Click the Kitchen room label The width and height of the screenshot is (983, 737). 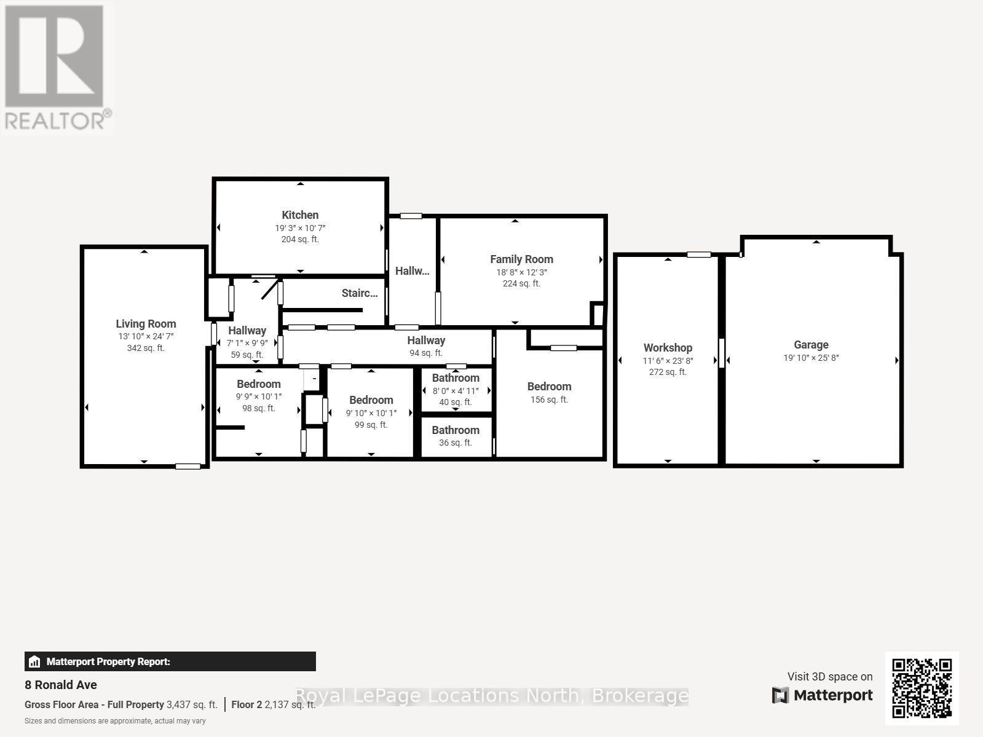[x=300, y=215]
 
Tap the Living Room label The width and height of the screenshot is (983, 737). [x=146, y=324]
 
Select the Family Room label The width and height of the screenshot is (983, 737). [x=521, y=259]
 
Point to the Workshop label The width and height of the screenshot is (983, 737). [x=668, y=348]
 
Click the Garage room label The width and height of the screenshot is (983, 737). [x=811, y=345]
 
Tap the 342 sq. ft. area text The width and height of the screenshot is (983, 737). [x=146, y=348]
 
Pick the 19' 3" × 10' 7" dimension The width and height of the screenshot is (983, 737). [x=300, y=228]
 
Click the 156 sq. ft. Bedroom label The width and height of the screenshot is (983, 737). [x=549, y=387]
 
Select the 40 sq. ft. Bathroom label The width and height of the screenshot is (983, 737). [x=456, y=378]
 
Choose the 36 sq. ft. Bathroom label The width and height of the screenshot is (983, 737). [x=456, y=430]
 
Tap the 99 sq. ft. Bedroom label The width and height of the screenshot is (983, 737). [x=371, y=400]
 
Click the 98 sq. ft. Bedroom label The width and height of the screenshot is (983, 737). [x=259, y=384]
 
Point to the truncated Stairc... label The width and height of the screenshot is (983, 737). [x=360, y=293]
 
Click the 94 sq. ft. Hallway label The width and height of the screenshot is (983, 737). [x=426, y=341]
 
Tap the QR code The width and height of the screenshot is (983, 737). [x=922, y=688]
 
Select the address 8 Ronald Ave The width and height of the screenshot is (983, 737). [x=61, y=685]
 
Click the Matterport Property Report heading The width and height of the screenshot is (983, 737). [x=108, y=662]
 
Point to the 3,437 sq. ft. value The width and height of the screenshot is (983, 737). [x=192, y=705]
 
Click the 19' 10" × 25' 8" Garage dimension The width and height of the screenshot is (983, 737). [x=811, y=358]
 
